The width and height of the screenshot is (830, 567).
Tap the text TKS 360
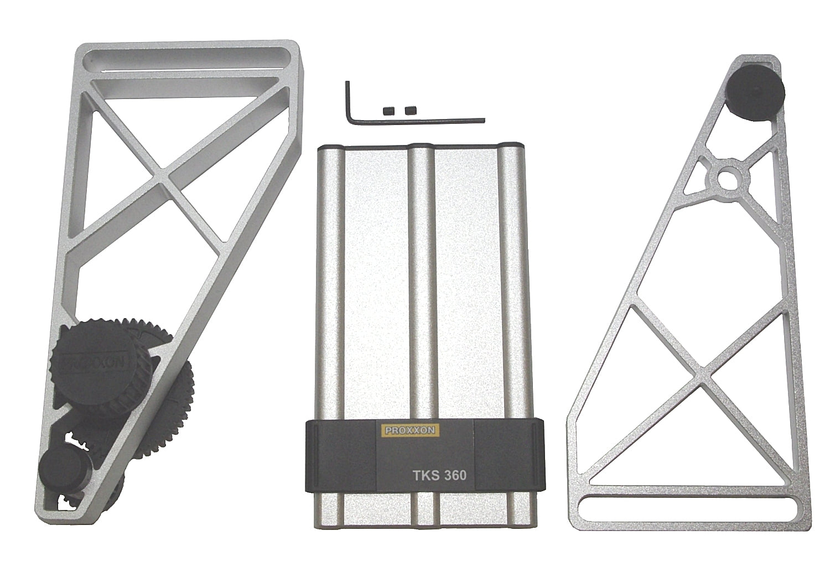[439, 475]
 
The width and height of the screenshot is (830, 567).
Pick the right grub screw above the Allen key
[410, 110]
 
